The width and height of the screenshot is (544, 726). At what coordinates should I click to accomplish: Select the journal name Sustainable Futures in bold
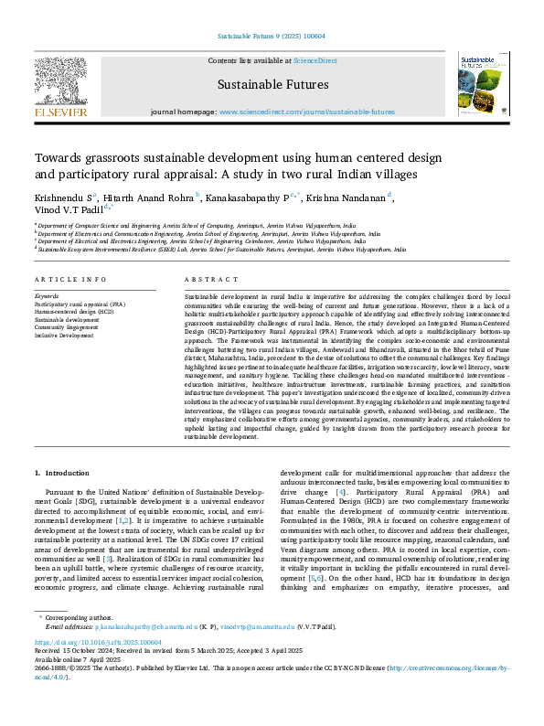(272, 86)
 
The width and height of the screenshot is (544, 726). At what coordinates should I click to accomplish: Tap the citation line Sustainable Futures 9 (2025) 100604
(272, 36)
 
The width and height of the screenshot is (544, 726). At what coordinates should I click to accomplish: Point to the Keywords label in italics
(48, 297)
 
